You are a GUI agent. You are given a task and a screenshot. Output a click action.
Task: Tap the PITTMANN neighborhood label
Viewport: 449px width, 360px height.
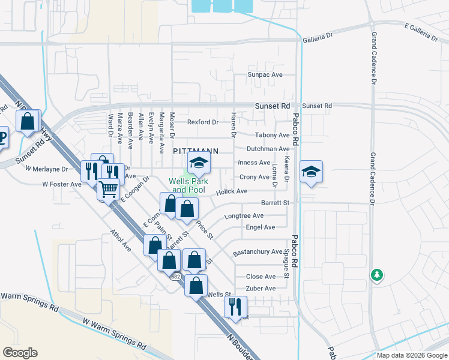point(194,151)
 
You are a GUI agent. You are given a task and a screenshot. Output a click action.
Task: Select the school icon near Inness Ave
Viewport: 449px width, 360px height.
point(199,161)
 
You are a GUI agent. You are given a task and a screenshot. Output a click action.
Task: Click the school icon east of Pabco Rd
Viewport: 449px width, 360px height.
point(311,172)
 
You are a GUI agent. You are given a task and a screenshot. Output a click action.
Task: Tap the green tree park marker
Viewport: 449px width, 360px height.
point(376,275)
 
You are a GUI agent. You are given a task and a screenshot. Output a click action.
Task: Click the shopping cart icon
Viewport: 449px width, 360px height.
point(108,189)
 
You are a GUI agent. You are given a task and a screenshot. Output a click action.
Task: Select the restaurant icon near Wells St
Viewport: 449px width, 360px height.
point(235,307)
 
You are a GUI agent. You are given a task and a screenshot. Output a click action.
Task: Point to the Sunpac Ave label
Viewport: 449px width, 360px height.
point(265,75)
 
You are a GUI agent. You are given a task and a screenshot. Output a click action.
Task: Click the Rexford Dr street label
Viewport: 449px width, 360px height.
point(202,122)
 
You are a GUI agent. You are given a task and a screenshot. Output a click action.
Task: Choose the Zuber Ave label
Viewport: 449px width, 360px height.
point(261,289)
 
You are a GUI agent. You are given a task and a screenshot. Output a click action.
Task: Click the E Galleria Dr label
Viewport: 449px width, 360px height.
point(421,32)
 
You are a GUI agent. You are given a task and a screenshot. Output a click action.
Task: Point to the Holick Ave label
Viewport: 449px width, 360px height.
point(232,191)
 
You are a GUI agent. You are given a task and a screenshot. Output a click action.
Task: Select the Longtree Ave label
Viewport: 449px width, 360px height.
point(243,215)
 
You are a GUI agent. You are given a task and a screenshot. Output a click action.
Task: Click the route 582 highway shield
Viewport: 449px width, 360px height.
point(175,277)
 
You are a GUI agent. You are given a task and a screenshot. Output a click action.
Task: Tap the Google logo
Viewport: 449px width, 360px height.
point(20,353)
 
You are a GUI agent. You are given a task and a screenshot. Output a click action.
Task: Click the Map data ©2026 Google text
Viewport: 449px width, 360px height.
point(411,355)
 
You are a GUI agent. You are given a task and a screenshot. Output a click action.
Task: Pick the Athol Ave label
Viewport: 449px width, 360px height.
point(119,238)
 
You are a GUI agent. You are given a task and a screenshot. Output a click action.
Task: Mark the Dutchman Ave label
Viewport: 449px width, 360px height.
point(268,149)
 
